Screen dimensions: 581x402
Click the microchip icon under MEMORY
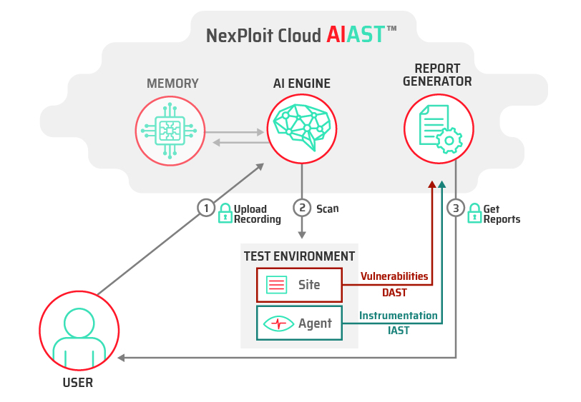click(x=170, y=131)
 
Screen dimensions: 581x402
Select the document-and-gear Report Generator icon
click(x=441, y=129)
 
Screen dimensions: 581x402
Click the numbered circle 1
click(x=206, y=208)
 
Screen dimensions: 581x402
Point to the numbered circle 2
click(x=302, y=208)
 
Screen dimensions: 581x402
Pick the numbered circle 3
click(x=456, y=208)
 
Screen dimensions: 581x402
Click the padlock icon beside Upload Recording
click(x=225, y=213)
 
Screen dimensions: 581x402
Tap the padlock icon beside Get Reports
click(x=474, y=213)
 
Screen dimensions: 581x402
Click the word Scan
click(x=328, y=208)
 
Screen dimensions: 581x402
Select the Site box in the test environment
click(x=299, y=285)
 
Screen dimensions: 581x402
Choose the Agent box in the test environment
click(x=299, y=323)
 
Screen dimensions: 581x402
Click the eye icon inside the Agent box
click(x=278, y=323)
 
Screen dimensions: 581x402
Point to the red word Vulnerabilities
click(x=394, y=276)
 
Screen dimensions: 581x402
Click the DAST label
click(x=394, y=293)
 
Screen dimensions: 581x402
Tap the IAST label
click(x=399, y=331)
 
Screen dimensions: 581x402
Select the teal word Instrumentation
click(x=399, y=316)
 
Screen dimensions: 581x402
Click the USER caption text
click(x=78, y=383)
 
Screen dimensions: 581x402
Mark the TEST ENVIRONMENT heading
click(x=299, y=256)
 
